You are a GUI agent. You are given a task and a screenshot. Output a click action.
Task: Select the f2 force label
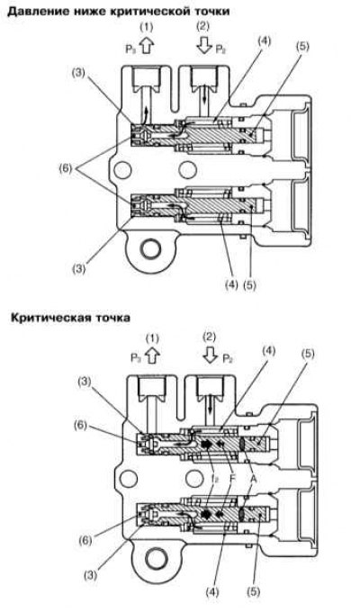pyautogui.click(x=214, y=479)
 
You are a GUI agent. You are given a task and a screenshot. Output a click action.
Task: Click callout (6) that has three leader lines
pyautogui.click(x=67, y=169)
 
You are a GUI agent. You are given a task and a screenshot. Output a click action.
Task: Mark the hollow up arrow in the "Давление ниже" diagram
pyautogui.click(x=147, y=46)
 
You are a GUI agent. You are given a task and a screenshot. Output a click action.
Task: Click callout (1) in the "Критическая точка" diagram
pyautogui.click(x=152, y=338)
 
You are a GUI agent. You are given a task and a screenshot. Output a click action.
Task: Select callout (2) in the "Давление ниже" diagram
pyautogui.click(x=203, y=27)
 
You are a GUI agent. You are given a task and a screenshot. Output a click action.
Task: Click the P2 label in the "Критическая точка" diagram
pyautogui.click(x=229, y=359)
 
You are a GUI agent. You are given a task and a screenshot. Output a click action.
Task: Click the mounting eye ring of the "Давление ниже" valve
pyautogui.click(x=150, y=249)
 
